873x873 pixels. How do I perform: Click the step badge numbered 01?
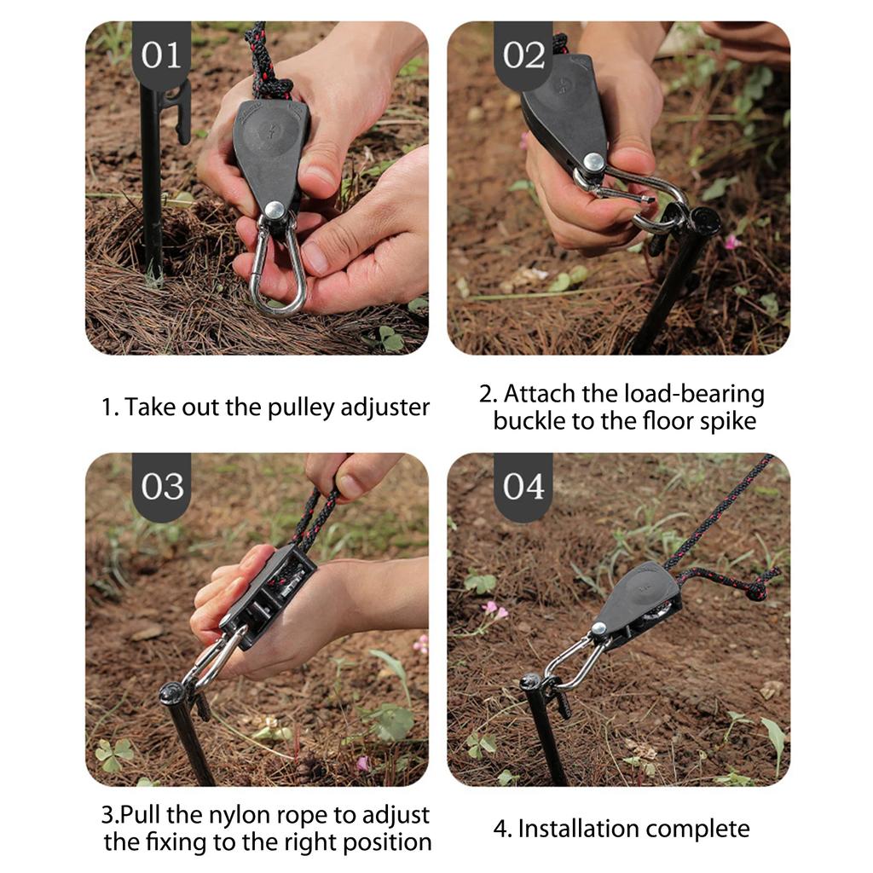161,55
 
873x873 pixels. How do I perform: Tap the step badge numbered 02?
523,55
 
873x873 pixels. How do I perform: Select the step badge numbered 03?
161,487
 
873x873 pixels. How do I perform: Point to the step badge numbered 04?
523,487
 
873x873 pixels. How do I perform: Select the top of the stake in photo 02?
704,221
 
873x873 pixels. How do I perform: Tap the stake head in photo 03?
172,691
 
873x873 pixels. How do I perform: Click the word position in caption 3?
384,842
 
